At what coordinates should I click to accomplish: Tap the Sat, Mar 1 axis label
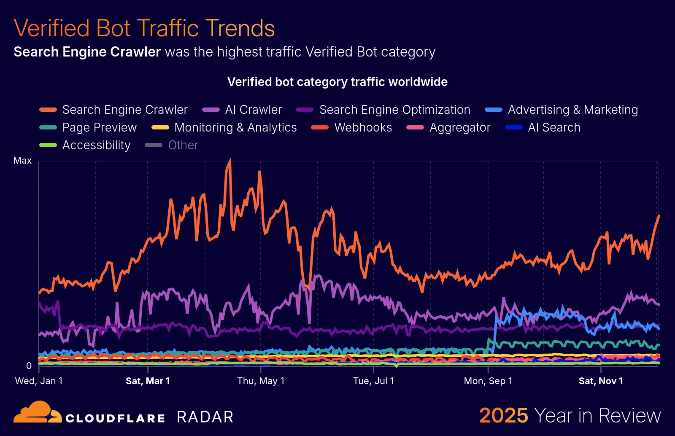pyautogui.click(x=148, y=381)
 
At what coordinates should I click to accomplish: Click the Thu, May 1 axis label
pyautogui.click(x=261, y=381)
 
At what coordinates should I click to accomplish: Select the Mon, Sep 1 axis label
pyautogui.click(x=488, y=381)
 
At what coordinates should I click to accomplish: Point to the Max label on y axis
pyautogui.click(x=22, y=161)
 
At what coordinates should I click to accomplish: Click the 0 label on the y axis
pyautogui.click(x=29, y=366)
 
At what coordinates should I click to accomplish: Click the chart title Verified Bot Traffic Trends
pyautogui.click(x=144, y=28)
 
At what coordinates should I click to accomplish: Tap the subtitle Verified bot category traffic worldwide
pyautogui.click(x=337, y=82)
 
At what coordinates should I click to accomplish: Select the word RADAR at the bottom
pyautogui.click(x=205, y=417)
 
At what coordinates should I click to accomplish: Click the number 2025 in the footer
pyautogui.click(x=503, y=416)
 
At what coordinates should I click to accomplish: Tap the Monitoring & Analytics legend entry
pyautogui.click(x=235, y=127)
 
